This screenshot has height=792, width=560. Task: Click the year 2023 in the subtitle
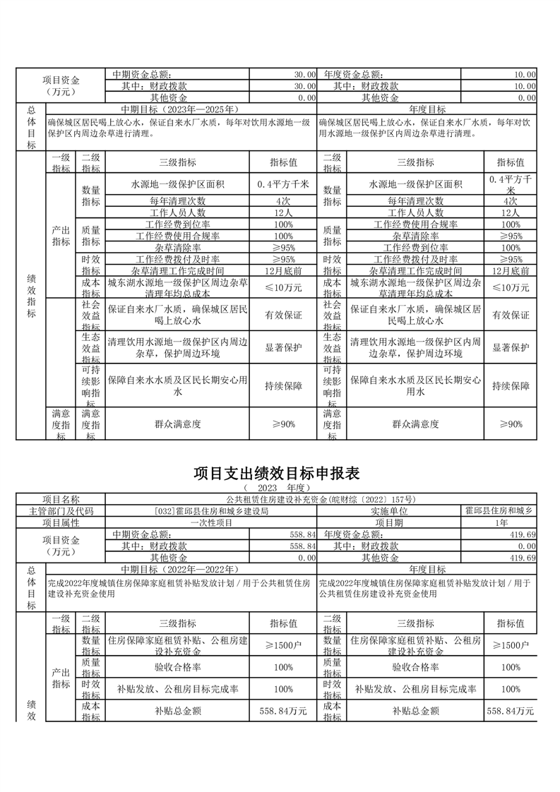pyautogui.click(x=268, y=488)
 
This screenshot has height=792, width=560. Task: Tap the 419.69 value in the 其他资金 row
pyautogui.click(x=522, y=558)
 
